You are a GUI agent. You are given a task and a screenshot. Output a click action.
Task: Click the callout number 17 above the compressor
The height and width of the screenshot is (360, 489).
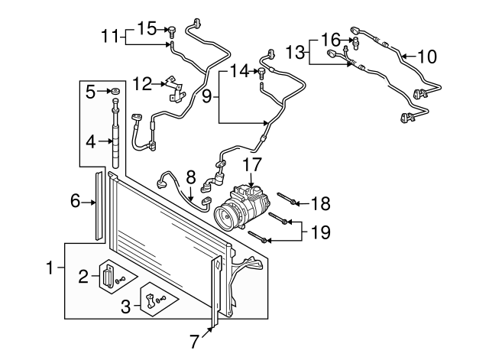(252, 164)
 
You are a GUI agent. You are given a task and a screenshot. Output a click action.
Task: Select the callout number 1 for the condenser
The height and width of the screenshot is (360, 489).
(50, 268)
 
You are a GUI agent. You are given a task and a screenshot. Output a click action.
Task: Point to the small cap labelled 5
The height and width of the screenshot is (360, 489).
(115, 91)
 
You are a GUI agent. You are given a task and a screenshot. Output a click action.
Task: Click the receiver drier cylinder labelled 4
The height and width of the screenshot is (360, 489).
(115, 134)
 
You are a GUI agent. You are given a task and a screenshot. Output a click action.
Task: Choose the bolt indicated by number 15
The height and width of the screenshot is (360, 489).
(172, 32)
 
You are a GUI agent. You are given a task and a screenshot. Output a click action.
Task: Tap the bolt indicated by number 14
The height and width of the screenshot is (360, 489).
(261, 73)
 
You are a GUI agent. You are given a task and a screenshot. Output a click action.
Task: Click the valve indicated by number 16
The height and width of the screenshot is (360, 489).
(355, 42)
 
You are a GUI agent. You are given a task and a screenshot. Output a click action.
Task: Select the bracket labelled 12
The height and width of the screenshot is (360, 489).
(174, 89)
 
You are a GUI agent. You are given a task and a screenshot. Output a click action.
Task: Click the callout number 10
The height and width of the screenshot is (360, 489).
(427, 57)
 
